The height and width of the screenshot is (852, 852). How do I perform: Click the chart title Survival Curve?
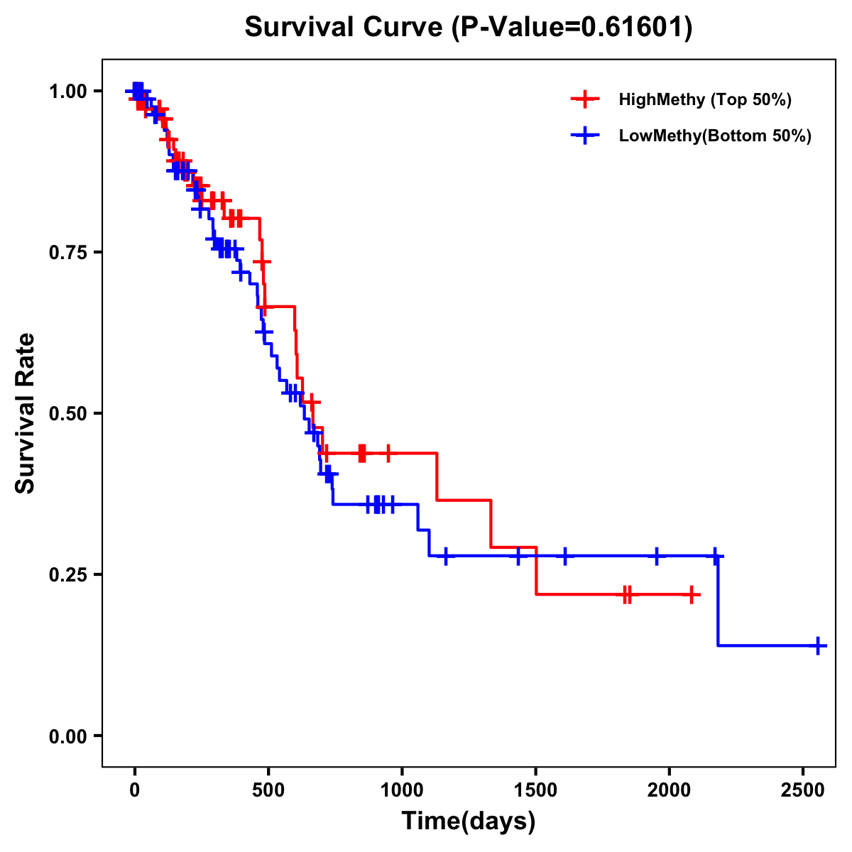coord(468,28)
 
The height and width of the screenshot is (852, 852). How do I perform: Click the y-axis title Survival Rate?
coord(26,413)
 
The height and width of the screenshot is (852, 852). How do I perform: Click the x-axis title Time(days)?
coord(469,821)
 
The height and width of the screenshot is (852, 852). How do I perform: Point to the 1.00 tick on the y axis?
coord(67,92)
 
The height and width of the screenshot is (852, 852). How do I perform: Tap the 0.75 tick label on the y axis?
coord(67,253)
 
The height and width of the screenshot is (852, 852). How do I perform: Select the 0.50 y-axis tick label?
coord(67,414)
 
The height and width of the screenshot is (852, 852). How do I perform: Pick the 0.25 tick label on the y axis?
coord(67,575)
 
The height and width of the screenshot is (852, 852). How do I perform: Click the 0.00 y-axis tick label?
coord(67,736)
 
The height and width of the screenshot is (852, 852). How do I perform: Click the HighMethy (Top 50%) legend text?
coord(705,99)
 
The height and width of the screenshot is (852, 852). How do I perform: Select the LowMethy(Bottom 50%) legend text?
coord(715,136)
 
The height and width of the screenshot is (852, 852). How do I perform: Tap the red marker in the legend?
coord(585,99)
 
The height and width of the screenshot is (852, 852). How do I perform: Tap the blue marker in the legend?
coord(585,136)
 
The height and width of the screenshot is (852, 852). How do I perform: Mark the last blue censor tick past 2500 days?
coord(818,645)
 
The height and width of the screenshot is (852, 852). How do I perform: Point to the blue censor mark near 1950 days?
coord(657,556)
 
